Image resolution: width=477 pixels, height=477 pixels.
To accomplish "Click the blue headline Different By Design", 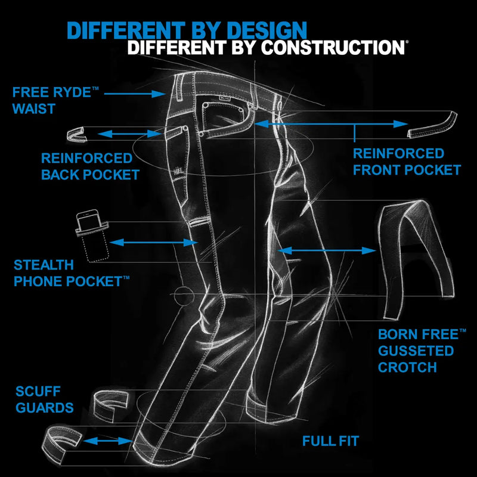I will point(187,30).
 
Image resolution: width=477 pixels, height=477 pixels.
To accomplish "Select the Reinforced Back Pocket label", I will point(89,166).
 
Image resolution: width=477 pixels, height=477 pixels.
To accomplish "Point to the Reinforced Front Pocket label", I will point(406,162).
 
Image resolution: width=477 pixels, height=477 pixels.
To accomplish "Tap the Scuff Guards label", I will point(45,399).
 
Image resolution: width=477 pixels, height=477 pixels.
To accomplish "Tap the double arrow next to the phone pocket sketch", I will point(154,242).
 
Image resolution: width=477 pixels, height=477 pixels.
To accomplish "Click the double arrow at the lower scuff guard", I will point(107,441).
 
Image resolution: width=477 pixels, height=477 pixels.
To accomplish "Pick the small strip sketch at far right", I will point(432,125).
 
